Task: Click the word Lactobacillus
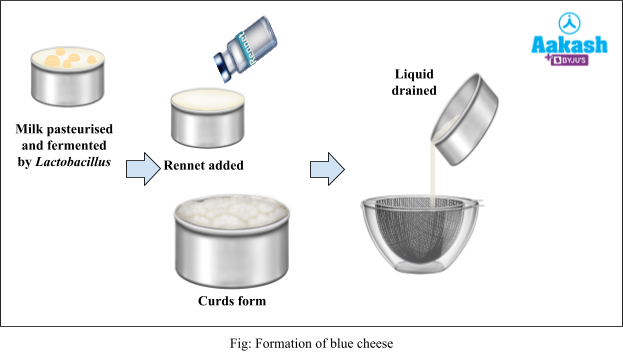point(75,161)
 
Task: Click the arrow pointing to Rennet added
point(143,168)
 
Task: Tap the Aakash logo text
point(568,45)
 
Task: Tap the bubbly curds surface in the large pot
point(231,214)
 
